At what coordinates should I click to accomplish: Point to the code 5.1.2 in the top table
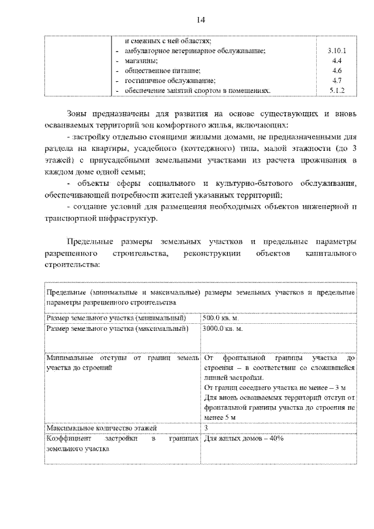point(336,91)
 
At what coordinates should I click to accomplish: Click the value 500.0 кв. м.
point(221,318)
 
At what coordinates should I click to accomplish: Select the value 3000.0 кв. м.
point(223,329)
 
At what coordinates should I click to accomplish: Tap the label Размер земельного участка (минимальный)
point(116,318)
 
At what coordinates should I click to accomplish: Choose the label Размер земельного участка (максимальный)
point(117,329)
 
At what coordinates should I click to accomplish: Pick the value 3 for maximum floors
point(206,428)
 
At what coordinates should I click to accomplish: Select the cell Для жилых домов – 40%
point(244,438)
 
